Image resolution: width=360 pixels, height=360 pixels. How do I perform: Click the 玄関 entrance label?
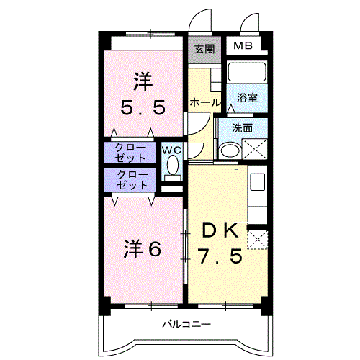tap(204, 49)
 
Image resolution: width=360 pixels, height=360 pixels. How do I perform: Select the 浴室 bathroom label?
tap(247, 98)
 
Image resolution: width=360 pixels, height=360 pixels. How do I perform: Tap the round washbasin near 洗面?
tap(230, 150)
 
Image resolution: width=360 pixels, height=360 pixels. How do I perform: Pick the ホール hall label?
tap(205, 104)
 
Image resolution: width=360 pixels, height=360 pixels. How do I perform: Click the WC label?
tap(171, 150)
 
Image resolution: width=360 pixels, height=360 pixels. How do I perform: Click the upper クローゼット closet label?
tap(132, 152)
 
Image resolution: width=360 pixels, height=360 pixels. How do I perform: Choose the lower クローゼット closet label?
tap(132, 179)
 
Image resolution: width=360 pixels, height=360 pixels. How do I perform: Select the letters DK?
tap(218, 230)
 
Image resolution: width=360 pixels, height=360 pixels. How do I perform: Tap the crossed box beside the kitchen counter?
tap(257, 239)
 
